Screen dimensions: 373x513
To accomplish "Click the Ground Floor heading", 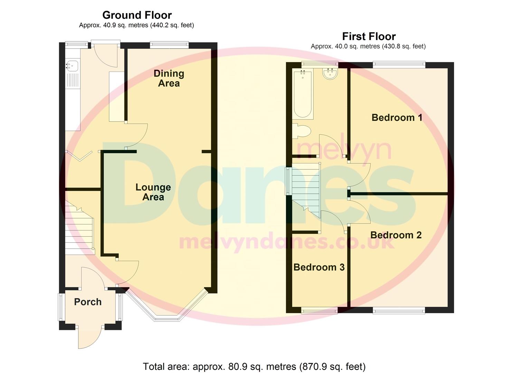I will coord(137,15).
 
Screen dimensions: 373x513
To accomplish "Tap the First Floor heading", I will coord(369,36).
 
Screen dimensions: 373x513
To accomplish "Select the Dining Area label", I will coord(169,78).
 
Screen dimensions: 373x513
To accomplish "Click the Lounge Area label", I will coord(153,192).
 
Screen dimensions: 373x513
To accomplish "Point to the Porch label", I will coord(88,302).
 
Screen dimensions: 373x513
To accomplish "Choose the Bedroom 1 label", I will coord(397,117).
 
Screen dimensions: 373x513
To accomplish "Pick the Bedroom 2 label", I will coord(396,235).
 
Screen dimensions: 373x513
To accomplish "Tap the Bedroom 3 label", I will coord(319,267).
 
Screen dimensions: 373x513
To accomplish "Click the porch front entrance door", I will coord(89,337).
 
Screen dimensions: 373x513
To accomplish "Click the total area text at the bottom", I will coord(254,366).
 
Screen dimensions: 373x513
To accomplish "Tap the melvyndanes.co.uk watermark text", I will coord(286,242).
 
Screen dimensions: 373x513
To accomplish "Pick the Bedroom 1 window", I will coord(399,64).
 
